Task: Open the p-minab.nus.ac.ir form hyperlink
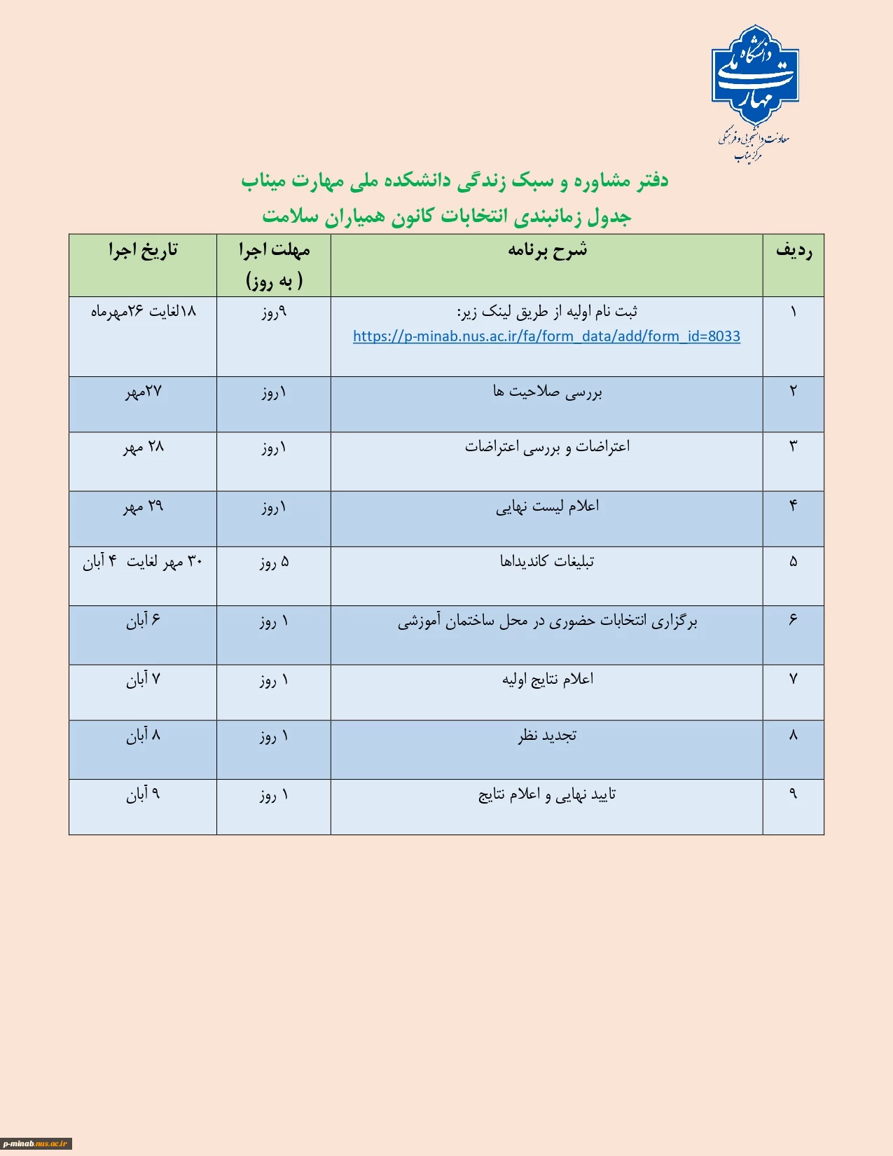click(x=546, y=336)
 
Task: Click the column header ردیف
click(x=794, y=250)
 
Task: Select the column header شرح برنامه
click(x=547, y=250)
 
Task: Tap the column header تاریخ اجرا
click(x=143, y=250)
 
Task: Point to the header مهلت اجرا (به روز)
click(x=274, y=265)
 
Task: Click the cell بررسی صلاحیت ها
click(x=547, y=392)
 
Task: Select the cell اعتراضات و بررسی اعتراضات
click(x=547, y=447)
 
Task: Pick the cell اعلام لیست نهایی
click(x=547, y=507)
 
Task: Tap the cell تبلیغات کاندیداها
click(x=547, y=562)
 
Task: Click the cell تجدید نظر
click(x=547, y=736)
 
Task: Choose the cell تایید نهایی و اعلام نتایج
click(x=547, y=794)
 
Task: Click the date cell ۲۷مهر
click(x=144, y=392)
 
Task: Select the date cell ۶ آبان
click(x=144, y=621)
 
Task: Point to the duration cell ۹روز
click(x=274, y=312)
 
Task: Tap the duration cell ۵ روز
click(x=274, y=562)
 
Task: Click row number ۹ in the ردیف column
click(x=793, y=794)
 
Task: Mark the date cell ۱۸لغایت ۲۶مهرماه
click(x=144, y=312)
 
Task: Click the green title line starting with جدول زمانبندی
click(x=447, y=216)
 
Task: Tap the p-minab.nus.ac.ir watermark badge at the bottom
click(x=36, y=1143)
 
